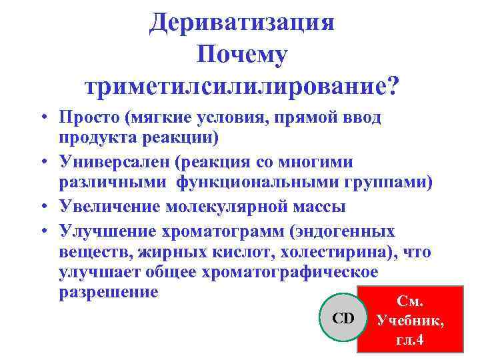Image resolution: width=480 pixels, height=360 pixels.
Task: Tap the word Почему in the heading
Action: (241, 55)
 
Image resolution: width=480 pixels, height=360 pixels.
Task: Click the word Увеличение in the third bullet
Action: (106, 207)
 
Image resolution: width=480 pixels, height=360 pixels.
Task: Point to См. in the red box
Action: (410, 301)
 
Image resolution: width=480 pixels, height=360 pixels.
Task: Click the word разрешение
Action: (109, 292)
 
